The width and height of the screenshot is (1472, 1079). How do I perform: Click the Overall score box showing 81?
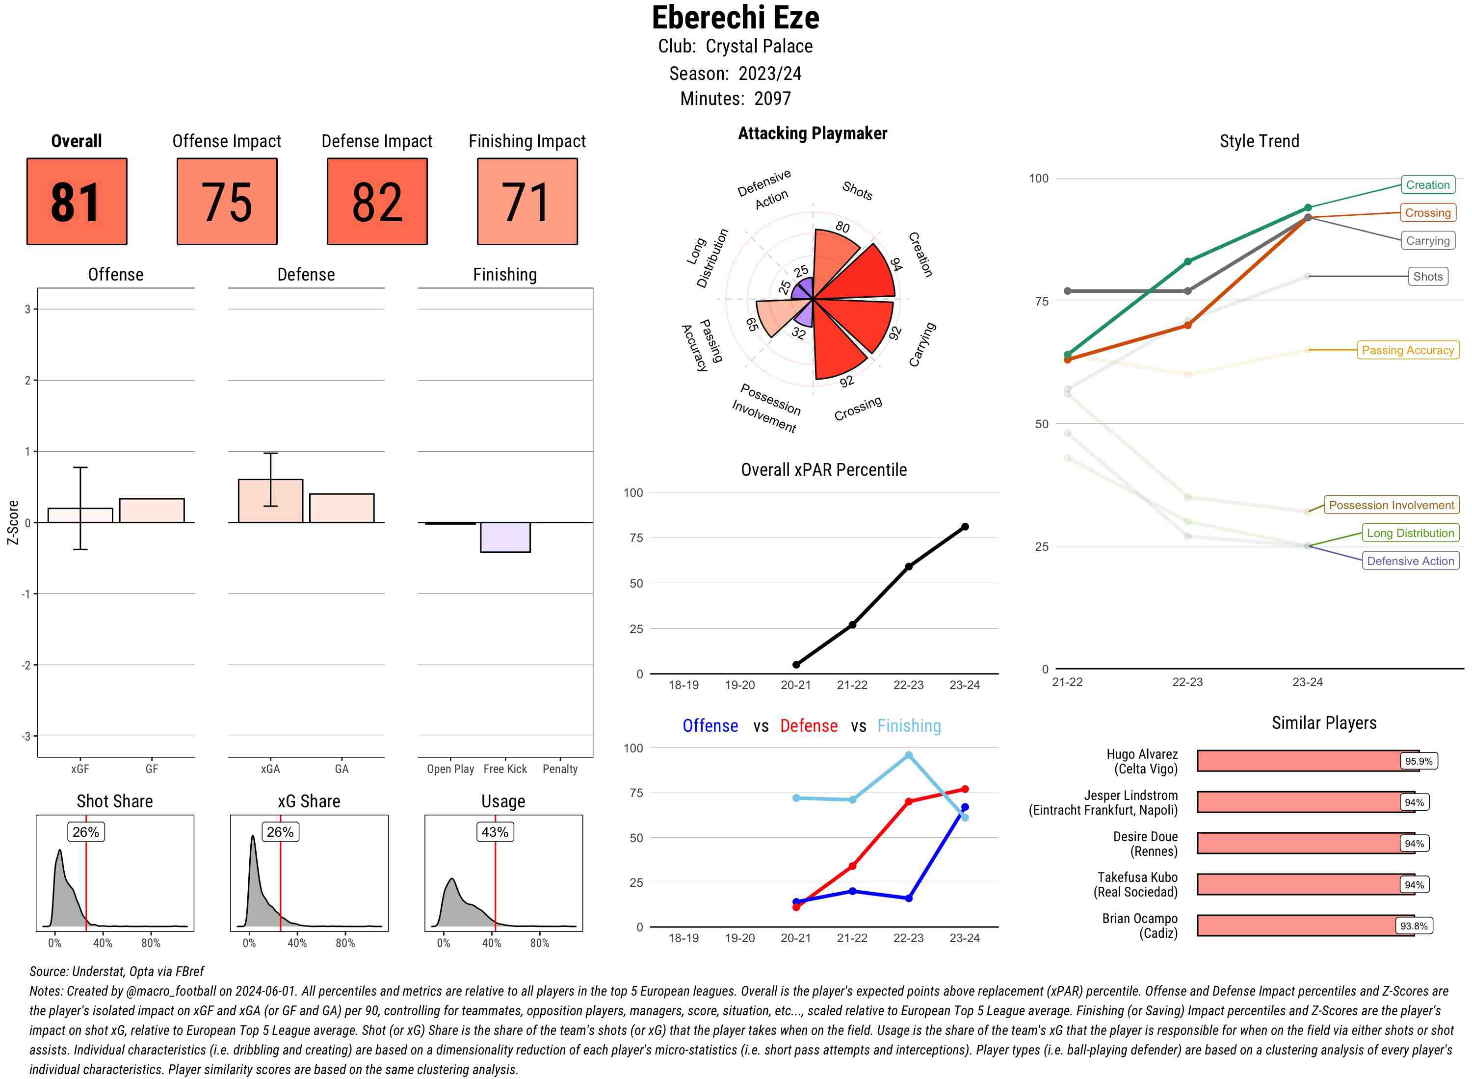(x=77, y=201)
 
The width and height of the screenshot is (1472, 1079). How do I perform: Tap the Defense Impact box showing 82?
(x=377, y=201)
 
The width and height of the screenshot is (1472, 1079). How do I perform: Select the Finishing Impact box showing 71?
(x=527, y=201)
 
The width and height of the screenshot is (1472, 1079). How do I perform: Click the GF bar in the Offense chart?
(x=152, y=511)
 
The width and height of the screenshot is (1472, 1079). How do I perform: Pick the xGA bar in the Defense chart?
(x=270, y=501)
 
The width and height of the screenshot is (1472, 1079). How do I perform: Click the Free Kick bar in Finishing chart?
(x=505, y=537)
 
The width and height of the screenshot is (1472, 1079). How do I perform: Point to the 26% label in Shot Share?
(x=85, y=832)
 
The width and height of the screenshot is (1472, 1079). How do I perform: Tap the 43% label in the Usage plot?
(x=495, y=832)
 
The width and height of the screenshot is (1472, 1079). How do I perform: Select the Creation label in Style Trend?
(x=1427, y=185)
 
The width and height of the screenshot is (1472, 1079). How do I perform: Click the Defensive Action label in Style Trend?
(x=1410, y=561)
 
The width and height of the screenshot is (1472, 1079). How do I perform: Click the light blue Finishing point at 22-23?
(x=908, y=755)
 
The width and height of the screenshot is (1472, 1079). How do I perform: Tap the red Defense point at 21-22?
(x=852, y=866)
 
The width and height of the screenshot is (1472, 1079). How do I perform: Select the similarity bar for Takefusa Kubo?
(x=1305, y=884)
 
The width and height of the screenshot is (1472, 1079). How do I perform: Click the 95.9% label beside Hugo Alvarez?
(x=1419, y=761)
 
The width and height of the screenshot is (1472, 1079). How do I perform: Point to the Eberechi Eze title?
(x=735, y=18)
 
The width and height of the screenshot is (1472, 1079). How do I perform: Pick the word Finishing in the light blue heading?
(x=909, y=726)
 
